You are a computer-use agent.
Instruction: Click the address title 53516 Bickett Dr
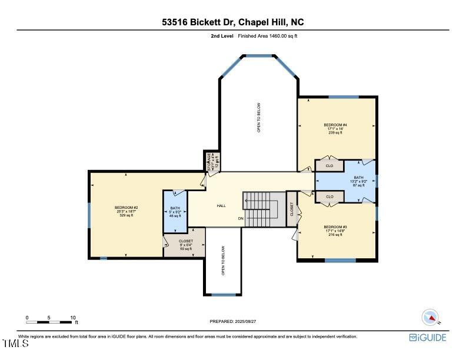point(233,22)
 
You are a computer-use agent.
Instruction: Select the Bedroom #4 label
point(335,128)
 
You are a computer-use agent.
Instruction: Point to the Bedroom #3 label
point(335,230)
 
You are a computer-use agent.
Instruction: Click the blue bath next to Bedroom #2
point(175,212)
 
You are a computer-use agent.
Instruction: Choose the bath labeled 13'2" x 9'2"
point(359,182)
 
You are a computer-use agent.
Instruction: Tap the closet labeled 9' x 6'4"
point(169,245)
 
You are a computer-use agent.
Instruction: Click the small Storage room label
point(211,161)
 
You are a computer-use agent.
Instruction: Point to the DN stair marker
point(240,219)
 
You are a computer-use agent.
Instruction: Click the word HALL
point(221,206)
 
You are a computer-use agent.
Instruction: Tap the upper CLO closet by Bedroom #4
point(329,166)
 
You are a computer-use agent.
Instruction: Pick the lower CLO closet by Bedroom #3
point(329,196)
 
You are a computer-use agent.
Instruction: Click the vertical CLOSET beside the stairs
point(291,209)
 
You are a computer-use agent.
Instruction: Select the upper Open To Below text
point(258,118)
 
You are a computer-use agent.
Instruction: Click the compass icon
point(431,317)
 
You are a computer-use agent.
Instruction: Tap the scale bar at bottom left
point(51,321)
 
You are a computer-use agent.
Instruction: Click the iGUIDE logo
point(428,338)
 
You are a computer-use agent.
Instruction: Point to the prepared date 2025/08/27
point(233,321)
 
